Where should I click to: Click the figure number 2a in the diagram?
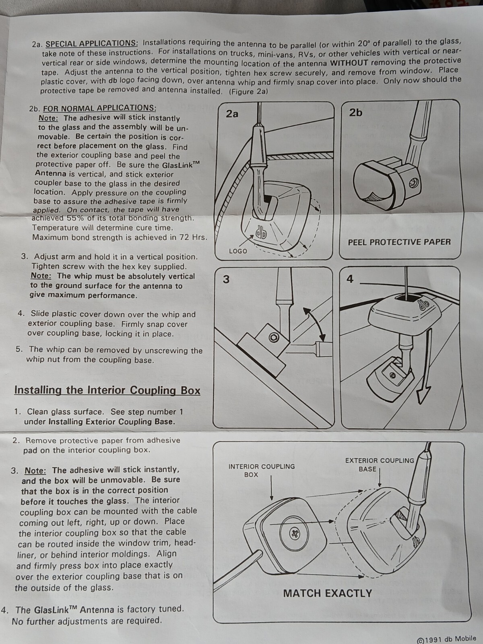pyautogui.click(x=232, y=114)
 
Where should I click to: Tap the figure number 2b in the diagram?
pyautogui.click(x=355, y=112)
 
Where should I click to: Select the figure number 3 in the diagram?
pyautogui.click(x=226, y=279)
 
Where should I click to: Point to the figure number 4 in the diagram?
pyautogui.click(x=350, y=279)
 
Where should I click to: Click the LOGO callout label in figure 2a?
pyautogui.click(x=238, y=251)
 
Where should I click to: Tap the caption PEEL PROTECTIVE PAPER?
pyautogui.click(x=399, y=242)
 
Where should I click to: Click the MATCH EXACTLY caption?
pyautogui.click(x=328, y=593)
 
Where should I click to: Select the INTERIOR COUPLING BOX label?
pyautogui.click(x=262, y=471)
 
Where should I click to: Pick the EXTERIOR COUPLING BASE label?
pyautogui.click(x=379, y=464)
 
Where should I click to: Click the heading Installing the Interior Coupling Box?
pyautogui.click(x=107, y=390)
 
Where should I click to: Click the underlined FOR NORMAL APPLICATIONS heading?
pyautogui.click(x=99, y=108)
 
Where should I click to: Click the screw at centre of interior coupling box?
pyautogui.click(x=295, y=534)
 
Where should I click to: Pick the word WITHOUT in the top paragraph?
pyautogui.click(x=349, y=63)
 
